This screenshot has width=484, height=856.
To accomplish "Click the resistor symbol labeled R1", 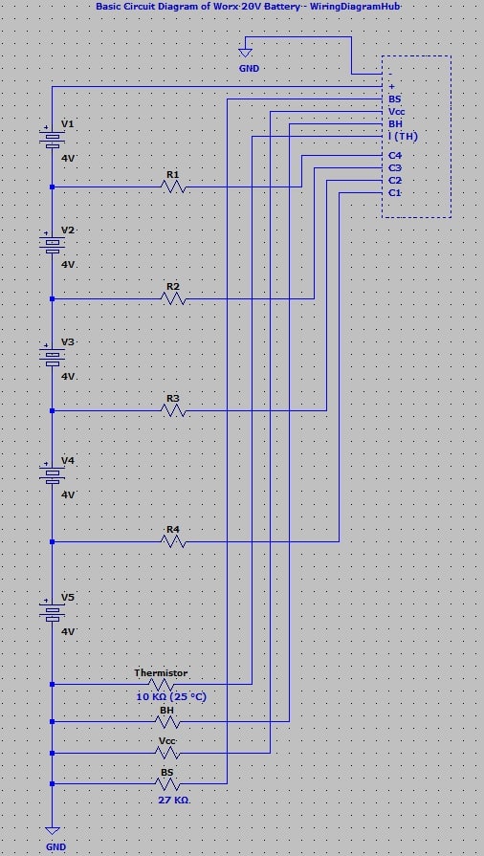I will click(x=174, y=187).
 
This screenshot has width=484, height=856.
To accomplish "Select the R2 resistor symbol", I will click(x=174, y=299).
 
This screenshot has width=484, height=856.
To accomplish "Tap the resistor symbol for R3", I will click(x=174, y=410).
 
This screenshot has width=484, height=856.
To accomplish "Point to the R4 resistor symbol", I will click(x=174, y=541).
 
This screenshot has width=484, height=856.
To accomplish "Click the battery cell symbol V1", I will click(x=51, y=138).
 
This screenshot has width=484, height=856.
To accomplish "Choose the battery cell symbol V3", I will click(x=51, y=356).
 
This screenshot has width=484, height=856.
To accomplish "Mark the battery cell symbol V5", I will click(x=51, y=611).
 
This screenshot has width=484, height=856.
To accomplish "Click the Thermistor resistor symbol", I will click(x=162, y=685).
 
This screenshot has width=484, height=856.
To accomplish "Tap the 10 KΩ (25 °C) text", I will click(x=172, y=697).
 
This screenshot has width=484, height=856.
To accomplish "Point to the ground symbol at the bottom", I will click(x=53, y=831).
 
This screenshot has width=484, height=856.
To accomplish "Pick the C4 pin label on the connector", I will click(x=395, y=156).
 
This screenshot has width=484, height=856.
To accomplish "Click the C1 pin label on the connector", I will click(x=395, y=193).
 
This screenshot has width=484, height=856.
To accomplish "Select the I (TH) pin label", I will click(x=403, y=138).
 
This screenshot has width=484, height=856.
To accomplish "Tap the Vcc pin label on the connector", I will click(x=397, y=112).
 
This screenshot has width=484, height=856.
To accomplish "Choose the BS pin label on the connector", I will click(x=394, y=99).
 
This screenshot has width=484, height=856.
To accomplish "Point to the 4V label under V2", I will click(x=68, y=264).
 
